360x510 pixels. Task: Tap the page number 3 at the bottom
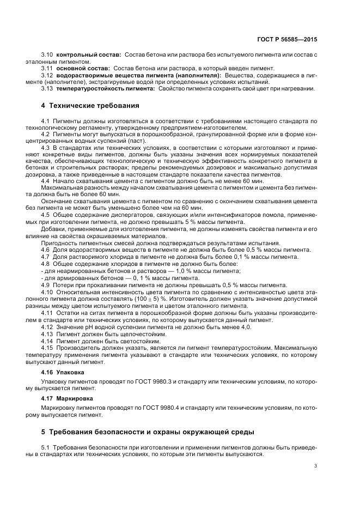point(316,466)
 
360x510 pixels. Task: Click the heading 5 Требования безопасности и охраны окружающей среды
point(147,432)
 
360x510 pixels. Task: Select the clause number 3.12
point(47,75)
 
